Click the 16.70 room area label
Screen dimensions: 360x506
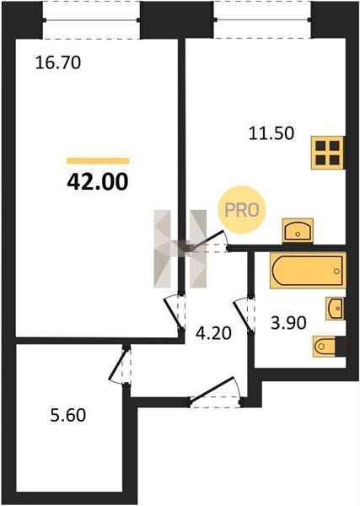coord(57,62)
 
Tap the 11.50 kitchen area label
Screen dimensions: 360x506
coord(271,133)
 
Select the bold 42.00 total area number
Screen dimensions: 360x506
coord(98,182)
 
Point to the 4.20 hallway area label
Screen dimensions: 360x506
coord(213,333)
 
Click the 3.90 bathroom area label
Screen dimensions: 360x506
coord(288,323)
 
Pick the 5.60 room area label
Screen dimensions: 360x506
coord(68,415)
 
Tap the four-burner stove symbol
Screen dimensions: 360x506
coord(327,153)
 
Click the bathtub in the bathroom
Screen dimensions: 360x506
coord(308,271)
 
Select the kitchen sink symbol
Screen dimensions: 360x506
coord(298,230)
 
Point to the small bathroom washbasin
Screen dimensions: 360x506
coord(335,309)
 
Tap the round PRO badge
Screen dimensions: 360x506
coord(242,210)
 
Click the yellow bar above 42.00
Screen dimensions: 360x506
coord(98,161)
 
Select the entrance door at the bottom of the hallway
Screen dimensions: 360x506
coord(215,392)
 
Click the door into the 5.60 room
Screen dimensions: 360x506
coord(120,364)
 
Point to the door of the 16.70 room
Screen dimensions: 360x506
coord(175,312)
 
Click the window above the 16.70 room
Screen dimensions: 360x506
coord(92,20)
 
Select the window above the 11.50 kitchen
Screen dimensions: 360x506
coord(262,19)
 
